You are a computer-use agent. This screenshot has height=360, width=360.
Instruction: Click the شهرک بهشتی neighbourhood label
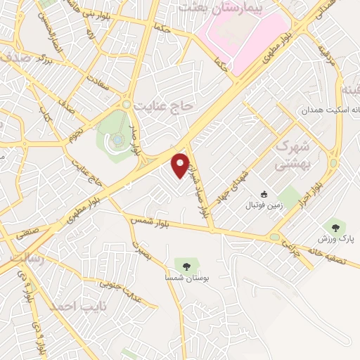[x=288, y=155]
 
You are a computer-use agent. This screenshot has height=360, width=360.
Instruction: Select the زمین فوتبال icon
[x=264, y=194]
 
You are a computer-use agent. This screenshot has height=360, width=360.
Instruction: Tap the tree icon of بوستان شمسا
[x=186, y=266]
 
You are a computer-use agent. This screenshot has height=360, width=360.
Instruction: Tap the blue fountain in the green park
[x=115, y=141]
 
